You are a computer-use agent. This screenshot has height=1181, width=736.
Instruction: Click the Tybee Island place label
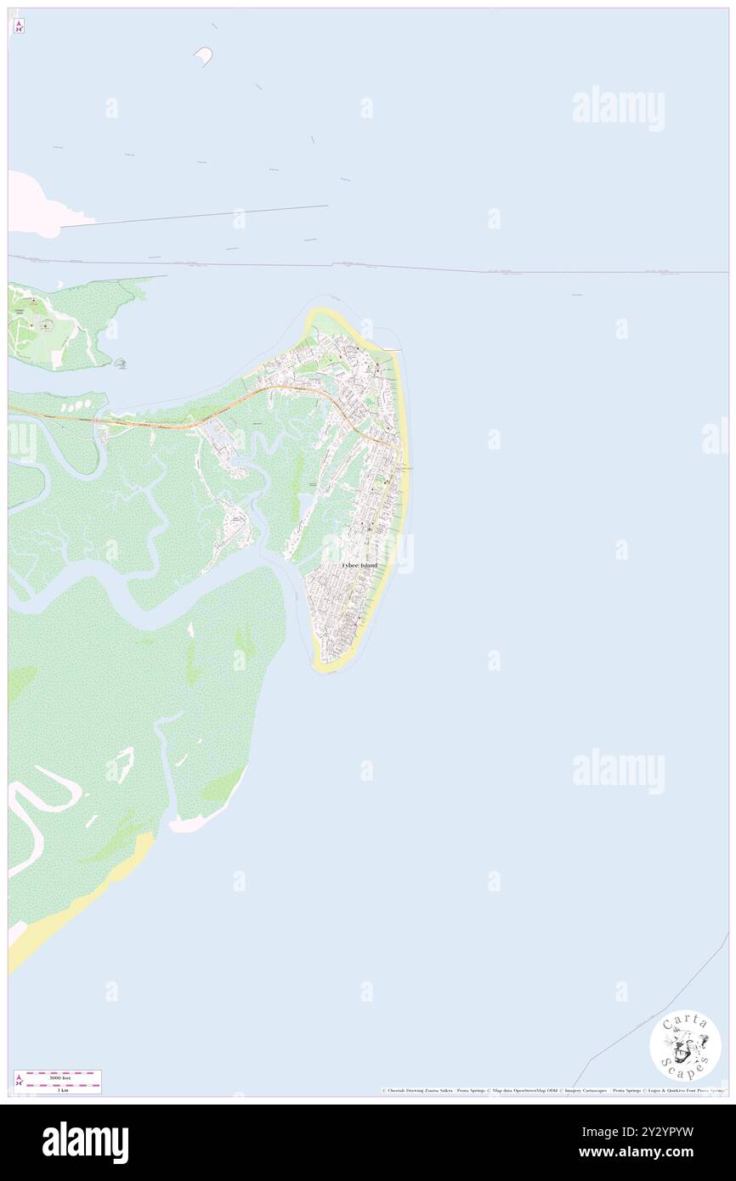[359, 565]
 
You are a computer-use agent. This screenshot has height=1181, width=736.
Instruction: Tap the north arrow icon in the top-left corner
[19, 26]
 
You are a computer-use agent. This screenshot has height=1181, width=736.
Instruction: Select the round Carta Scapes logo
[685, 1045]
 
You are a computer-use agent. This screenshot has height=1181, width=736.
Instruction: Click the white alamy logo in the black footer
[85, 1143]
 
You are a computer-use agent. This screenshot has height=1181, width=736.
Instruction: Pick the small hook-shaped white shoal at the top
[204, 56]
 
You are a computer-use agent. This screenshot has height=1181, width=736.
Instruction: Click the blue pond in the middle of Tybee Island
[304, 507]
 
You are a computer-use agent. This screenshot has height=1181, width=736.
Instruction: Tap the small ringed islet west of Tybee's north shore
[122, 364]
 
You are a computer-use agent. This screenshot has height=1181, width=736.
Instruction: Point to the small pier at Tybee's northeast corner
[392, 349]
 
